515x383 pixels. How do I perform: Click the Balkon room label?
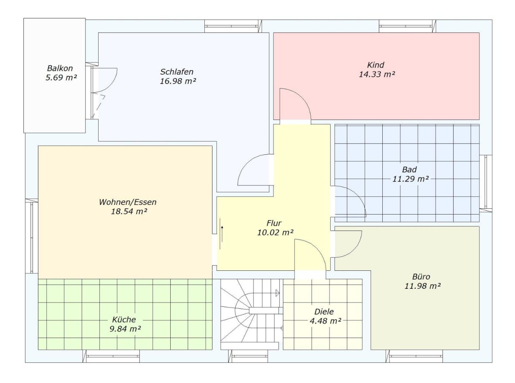point(60,68)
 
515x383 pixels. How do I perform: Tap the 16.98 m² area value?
point(178,81)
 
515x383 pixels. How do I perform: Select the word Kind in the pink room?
point(375,65)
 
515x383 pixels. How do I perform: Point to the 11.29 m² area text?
point(411,179)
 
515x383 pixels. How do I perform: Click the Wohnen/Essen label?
point(128,202)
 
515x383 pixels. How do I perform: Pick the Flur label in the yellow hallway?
point(274,223)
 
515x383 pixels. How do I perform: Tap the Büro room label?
point(421,277)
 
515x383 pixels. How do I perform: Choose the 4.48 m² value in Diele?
point(325,321)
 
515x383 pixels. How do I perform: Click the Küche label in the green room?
point(124,320)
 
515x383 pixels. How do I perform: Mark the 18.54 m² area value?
point(129,211)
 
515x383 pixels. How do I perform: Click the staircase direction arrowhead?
point(277,293)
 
